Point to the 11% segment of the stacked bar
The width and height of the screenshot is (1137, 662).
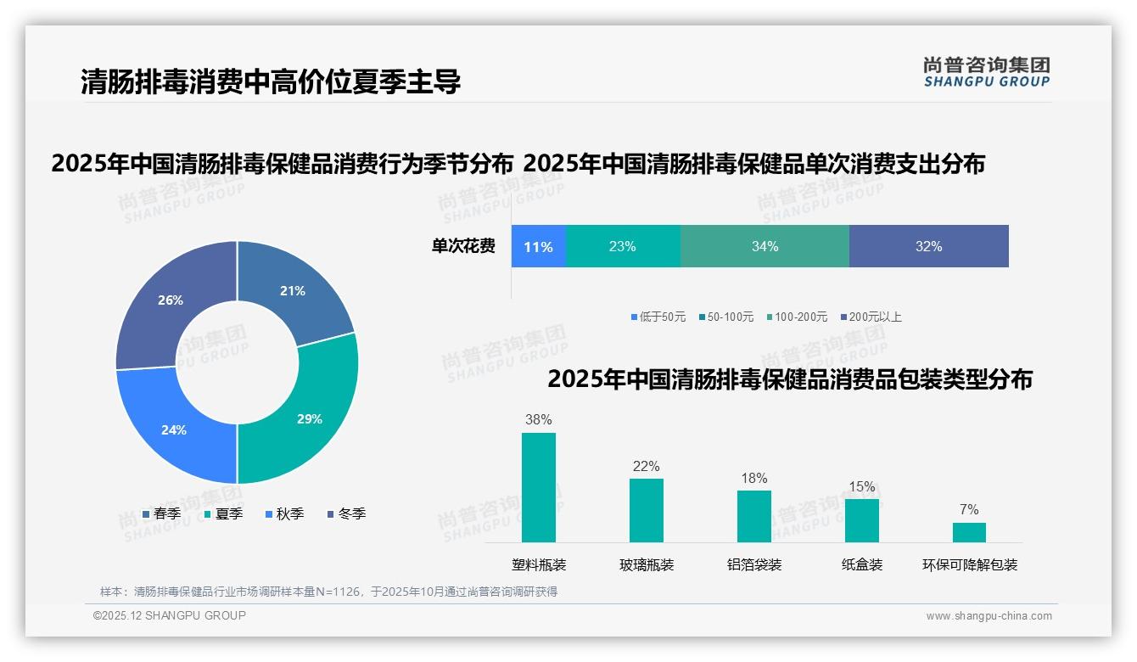click(538, 247)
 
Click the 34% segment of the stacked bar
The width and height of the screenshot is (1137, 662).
click(765, 247)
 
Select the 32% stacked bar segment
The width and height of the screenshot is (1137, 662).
click(928, 247)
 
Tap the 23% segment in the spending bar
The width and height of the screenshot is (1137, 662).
click(622, 247)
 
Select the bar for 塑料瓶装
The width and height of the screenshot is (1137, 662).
click(539, 487)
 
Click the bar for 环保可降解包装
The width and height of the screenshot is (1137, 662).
click(969, 532)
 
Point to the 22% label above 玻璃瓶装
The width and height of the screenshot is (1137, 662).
click(646, 466)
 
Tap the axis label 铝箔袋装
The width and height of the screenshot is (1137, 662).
click(754, 564)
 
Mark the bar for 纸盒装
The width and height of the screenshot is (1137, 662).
click(862, 520)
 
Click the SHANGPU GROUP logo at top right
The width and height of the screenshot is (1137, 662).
click(986, 72)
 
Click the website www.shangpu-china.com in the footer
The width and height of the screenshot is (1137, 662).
click(989, 616)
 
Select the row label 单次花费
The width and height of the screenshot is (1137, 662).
click(463, 247)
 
